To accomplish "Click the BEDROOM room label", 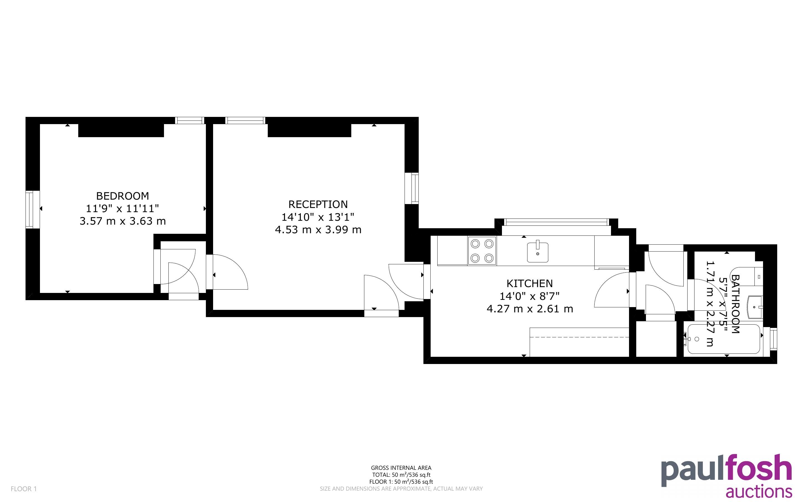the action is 122,196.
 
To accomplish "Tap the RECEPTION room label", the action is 318,204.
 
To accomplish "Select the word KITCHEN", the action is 530,283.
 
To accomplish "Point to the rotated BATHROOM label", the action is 735,304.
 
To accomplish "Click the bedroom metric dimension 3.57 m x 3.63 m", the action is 123,221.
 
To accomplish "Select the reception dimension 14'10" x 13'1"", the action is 318,217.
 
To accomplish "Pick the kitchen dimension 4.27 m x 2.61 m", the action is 530,309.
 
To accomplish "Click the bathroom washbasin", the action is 755,307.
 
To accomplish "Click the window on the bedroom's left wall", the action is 32,210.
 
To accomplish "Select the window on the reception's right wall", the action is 411,188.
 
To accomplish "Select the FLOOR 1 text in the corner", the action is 24,489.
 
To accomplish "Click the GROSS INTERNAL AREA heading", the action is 401,468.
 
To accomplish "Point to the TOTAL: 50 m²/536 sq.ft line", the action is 401,475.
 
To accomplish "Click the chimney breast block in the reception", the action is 309,130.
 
